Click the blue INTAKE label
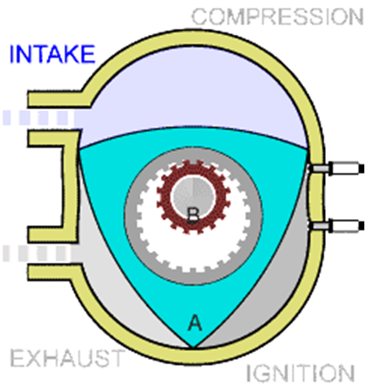click(x=52, y=54)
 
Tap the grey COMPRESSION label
click(x=278, y=17)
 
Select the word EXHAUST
click(x=67, y=358)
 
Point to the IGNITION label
click(x=301, y=373)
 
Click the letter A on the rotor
click(x=195, y=322)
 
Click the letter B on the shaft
click(x=193, y=216)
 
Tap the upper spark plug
click(x=336, y=169)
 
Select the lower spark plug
click(x=336, y=226)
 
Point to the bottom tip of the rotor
click(x=192, y=347)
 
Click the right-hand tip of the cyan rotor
click(x=307, y=149)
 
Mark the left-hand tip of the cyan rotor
click(x=80, y=149)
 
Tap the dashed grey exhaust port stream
click(x=38, y=253)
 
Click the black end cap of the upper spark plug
click(x=362, y=169)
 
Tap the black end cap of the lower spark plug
click(x=362, y=226)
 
